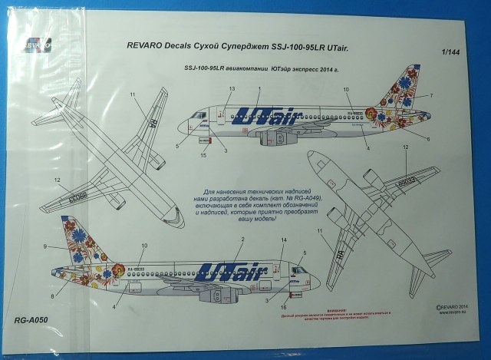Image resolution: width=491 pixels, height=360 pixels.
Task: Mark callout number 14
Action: tap(283, 241)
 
